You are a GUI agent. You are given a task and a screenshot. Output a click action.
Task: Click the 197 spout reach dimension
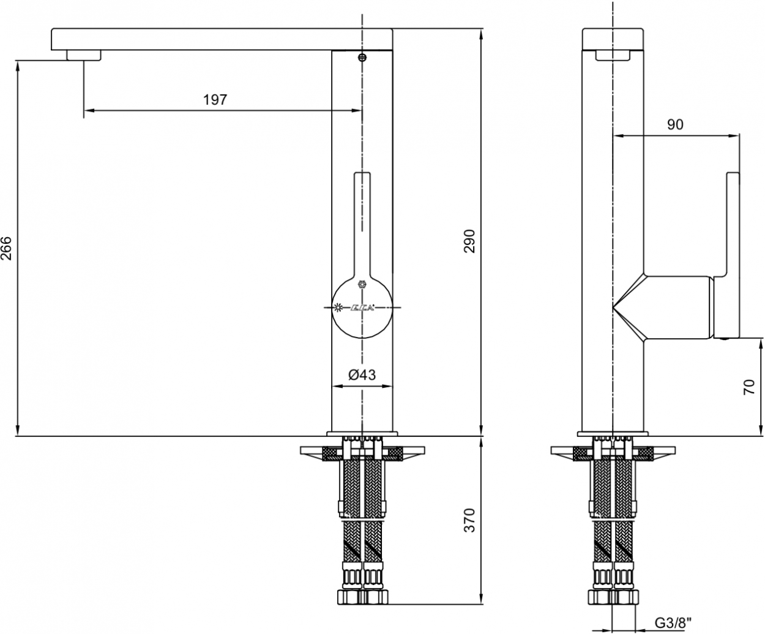coord(215,100)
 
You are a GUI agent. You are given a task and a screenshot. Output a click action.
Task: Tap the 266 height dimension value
coord(6,248)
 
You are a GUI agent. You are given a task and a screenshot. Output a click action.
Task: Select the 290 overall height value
coord(469,241)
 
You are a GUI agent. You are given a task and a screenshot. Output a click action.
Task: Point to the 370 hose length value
coord(469,520)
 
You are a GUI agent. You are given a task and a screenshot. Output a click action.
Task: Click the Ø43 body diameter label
coord(362,374)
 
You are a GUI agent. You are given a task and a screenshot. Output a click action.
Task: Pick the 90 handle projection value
coord(675,125)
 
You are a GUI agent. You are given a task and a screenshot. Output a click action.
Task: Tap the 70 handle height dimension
coord(749,387)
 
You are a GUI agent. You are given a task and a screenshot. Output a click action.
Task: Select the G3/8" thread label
coord(673,622)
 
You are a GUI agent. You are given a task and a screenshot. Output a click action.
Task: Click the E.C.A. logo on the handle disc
coord(362,308)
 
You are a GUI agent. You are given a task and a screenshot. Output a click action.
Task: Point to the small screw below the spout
coord(362,57)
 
